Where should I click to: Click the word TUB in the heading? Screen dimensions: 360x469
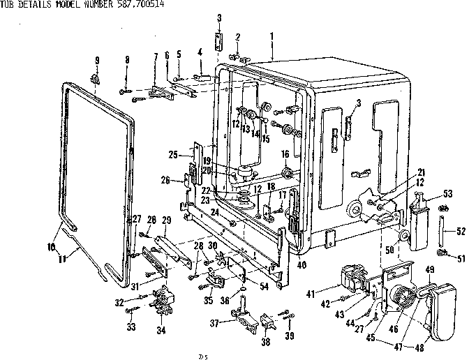8,5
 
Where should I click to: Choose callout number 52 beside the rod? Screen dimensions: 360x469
461,232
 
